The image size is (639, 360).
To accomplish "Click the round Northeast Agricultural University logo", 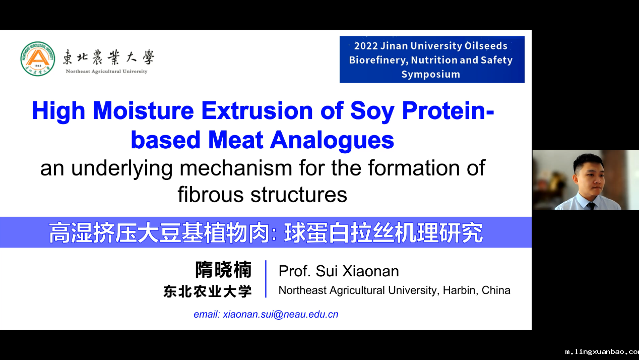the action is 38,59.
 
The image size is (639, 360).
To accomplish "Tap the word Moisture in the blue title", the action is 143,110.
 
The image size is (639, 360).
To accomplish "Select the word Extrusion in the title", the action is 257,110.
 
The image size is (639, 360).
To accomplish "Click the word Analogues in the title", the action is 332,140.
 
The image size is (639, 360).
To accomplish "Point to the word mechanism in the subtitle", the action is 236,168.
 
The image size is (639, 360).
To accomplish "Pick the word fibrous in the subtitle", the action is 211,195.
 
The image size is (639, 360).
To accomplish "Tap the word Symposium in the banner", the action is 431,75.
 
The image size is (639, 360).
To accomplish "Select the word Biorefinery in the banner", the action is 378,60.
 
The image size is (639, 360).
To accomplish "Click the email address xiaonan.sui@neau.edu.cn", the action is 280,314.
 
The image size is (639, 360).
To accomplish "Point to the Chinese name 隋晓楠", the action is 223,270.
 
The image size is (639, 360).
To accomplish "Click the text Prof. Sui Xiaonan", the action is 339,271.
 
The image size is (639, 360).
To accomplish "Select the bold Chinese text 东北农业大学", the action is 208,291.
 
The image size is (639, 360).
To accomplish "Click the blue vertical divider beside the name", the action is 266,279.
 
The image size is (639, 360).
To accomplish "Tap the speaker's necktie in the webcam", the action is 591,206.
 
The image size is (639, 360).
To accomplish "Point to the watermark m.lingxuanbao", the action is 602,352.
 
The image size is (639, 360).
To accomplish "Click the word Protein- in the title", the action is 448,110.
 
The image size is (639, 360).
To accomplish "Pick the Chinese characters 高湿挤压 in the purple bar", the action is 93,233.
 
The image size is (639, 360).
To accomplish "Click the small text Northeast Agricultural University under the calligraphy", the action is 106,72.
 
